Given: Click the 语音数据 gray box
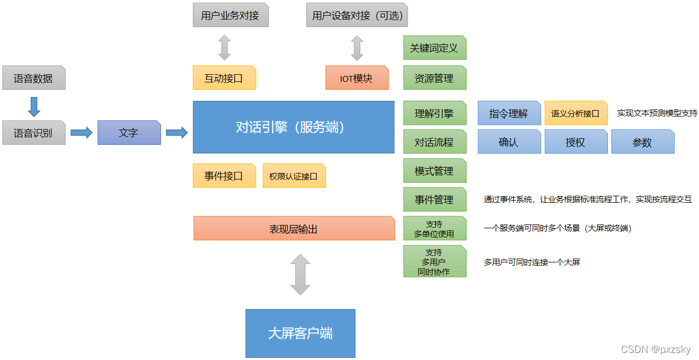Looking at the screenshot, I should pyautogui.click(x=34, y=78).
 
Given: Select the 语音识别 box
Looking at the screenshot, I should pyautogui.click(x=34, y=133).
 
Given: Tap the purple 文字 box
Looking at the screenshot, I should pyautogui.click(x=129, y=133).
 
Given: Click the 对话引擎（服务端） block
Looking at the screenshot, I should pyautogui.click(x=293, y=127).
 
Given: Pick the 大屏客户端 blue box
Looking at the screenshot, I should pyautogui.click(x=300, y=333).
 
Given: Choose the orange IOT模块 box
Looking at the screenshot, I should pyautogui.click(x=357, y=78).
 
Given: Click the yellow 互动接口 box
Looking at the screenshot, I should pyautogui.click(x=224, y=78).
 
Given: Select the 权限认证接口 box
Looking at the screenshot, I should pyautogui.click(x=294, y=176).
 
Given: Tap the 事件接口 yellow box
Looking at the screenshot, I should pyautogui.click(x=224, y=176).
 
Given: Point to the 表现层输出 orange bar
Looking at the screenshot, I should pyautogui.click(x=294, y=228).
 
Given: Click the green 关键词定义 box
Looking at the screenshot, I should pyautogui.click(x=435, y=48).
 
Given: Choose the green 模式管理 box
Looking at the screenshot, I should pyautogui.click(x=435, y=171).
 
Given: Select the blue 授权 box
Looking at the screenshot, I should pyautogui.click(x=575, y=142).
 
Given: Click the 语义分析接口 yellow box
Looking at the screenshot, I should pyautogui.click(x=575, y=113).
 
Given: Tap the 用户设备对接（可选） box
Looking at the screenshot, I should pyautogui.click(x=357, y=15).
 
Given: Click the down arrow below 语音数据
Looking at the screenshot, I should pyautogui.click(x=34, y=106).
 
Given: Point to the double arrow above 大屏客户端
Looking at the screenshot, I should pyautogui.click(x=300, y=274).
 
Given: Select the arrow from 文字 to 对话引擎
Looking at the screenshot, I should pyautogui.click(x=177, y=133).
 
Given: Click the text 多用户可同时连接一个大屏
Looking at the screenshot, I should pyautogui.click(x=532, y=262).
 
